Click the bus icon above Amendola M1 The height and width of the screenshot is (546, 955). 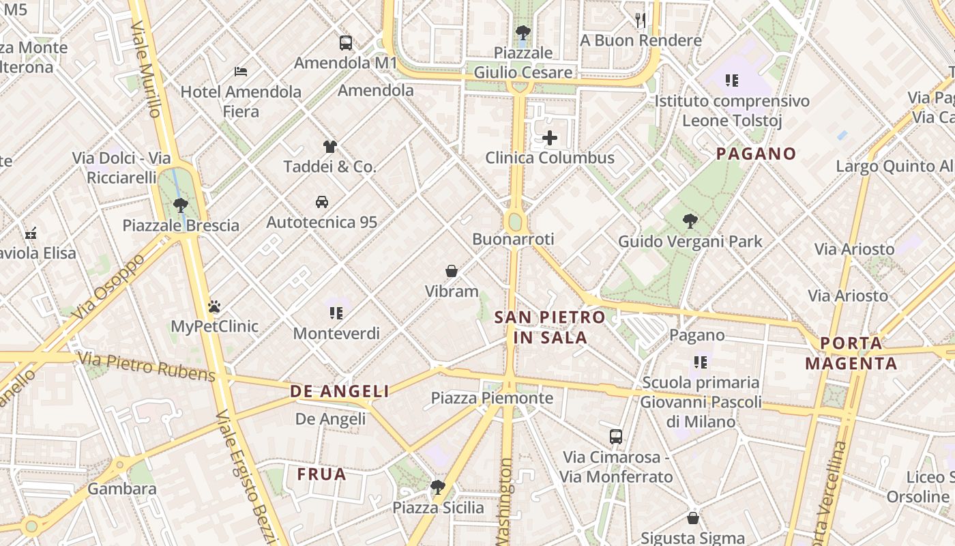(x=346, y=43)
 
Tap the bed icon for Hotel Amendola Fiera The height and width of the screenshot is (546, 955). (x=240, y=71)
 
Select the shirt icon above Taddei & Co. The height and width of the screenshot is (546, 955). (x=330, y=146)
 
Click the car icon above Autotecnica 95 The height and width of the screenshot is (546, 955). (x=321, y=202)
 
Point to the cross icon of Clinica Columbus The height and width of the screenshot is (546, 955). (x=549, y=138)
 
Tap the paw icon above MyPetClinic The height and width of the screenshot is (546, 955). (x=214, y=306)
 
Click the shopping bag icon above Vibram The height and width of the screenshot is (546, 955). (x=452, y=271)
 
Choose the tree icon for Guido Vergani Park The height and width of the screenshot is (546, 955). (x=690, y=221)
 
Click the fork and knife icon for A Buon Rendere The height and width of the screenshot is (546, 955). (x=640, y=20)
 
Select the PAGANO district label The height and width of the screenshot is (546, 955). (x=756, y=154)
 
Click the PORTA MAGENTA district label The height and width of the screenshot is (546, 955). (x=851, y=354)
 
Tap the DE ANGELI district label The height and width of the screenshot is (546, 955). (x=340, y=391)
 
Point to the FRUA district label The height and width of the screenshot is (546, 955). (x=322, y=474)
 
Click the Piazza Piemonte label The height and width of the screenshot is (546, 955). (x=492, y=398)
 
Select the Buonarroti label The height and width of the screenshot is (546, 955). (x=513, y=239)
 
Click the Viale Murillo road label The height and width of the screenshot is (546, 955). (x=147, y=68)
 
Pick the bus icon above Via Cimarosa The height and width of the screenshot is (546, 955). (x=615, y=437)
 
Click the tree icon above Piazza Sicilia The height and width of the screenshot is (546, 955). (x=437, y=487)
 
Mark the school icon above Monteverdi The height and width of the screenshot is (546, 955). (x=336, y=313)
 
